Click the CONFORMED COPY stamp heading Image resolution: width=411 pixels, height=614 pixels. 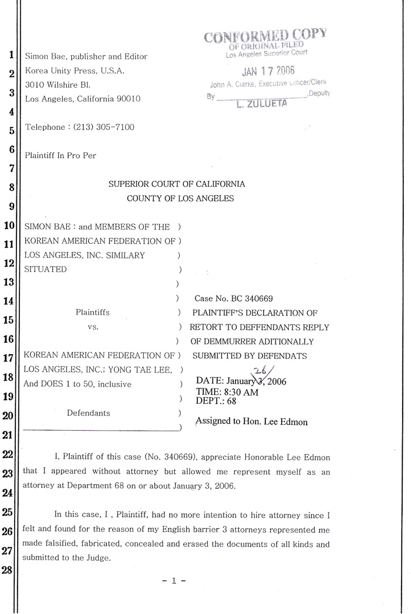coord(264,36)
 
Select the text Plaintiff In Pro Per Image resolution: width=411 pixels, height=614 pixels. coord(60,156)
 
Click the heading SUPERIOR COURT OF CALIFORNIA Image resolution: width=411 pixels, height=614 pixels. coord(177,184)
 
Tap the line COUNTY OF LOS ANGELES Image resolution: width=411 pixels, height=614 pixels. coord(180,199)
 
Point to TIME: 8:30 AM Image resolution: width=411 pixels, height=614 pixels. coord(227,391)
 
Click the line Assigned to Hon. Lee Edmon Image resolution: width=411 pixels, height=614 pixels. coord(251,421)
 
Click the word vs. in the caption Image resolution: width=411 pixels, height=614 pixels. coord(92,327)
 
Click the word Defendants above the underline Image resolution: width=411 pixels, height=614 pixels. coord(88,413)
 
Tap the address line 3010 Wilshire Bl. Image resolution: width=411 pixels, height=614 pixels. coord(58,85)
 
